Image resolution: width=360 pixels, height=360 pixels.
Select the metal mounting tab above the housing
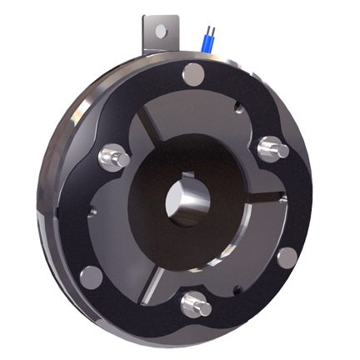[x=159, y=34]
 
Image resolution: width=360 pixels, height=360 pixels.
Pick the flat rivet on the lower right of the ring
[x=287, y=257]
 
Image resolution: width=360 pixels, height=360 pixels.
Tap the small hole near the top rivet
[x=237, y=105]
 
